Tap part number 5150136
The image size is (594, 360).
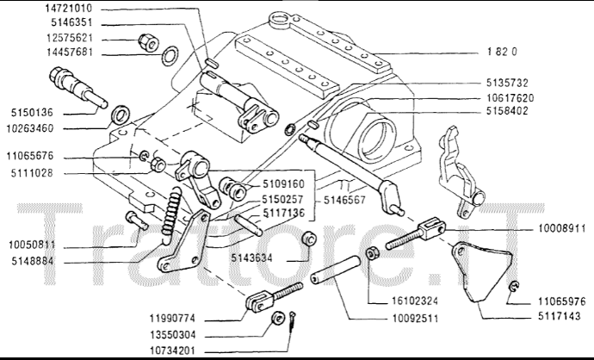tap(33, 112)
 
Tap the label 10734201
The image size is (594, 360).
tap(196, 351)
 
